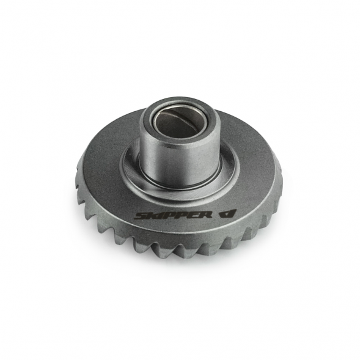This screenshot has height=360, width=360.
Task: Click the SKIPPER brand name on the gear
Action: pos(173,215)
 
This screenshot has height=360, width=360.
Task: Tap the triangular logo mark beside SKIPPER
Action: pos(227,213)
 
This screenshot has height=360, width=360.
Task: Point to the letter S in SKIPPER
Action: pos(141,216)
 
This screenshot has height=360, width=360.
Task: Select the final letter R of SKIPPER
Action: pos(206,215)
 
